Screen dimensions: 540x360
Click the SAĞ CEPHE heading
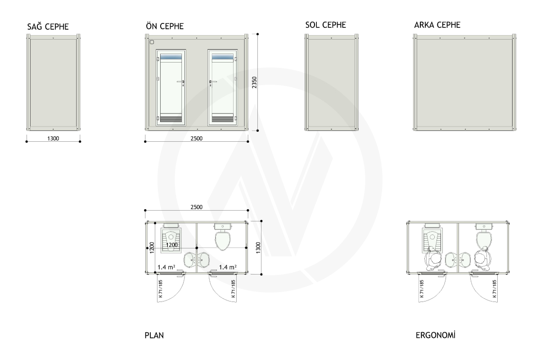(48, 26)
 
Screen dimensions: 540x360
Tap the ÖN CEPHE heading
(165, 26)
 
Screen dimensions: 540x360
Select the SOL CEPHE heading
(325, 25)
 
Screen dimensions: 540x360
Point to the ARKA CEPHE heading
(437, 25)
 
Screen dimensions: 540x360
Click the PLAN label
(154, 335)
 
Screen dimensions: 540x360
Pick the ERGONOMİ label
(436, 335)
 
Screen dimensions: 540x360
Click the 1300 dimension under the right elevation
(53, 139)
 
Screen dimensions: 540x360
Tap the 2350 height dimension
(254, 82)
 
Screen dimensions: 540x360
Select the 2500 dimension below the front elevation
(197, 139)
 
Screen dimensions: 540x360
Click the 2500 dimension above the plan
(197, 207)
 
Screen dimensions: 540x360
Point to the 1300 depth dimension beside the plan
(258, 247)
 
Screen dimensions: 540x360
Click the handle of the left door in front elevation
(181, 82)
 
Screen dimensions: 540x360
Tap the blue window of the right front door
(222, 57)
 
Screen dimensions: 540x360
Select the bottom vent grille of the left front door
(171, 119)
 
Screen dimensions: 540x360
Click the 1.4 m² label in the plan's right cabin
(228, 267)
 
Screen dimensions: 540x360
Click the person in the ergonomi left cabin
(433, 259)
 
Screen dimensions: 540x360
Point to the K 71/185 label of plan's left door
(161, 288)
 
